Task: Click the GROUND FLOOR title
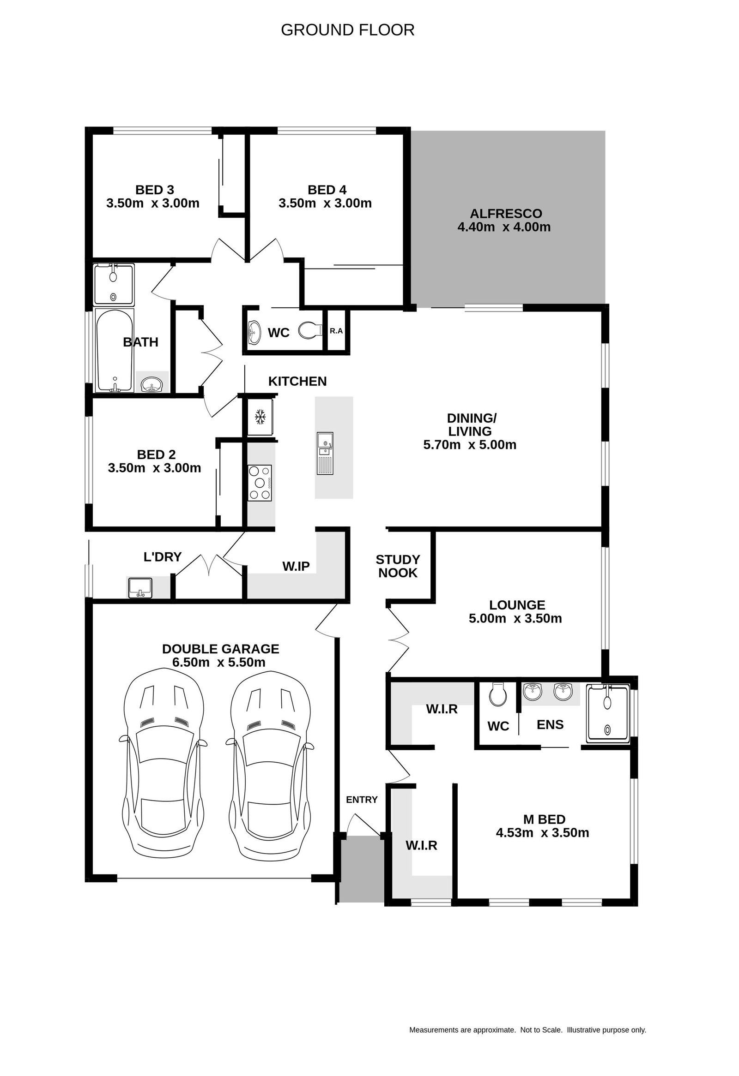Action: (347, 30)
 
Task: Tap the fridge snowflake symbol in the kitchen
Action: (260, 417)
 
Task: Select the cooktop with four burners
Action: (260, 483)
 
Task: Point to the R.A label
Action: (336, 331)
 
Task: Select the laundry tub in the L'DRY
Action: (139, 587)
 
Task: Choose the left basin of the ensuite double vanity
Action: (533, 691)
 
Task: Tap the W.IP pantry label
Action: (296, 566)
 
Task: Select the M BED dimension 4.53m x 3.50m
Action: (542, 833)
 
